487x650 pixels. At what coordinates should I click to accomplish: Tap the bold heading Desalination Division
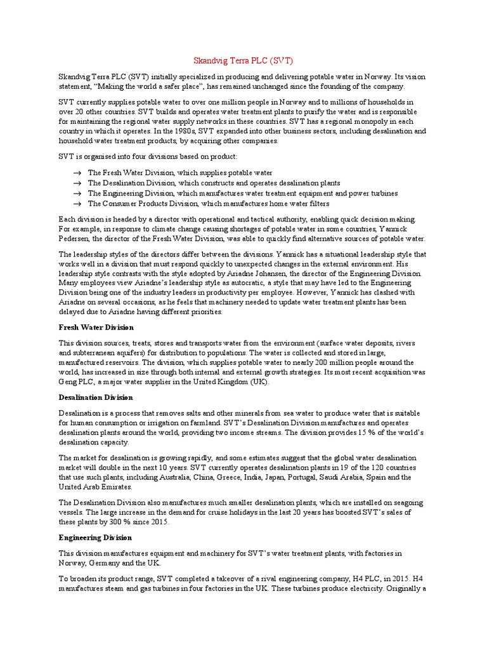point(95,399)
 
